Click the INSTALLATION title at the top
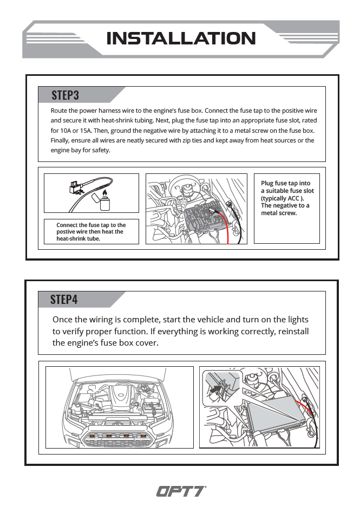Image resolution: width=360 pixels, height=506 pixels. tap(181, 38)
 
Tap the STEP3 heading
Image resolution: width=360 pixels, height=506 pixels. tap(65, 95)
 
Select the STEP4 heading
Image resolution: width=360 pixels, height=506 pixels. tap(64, 300)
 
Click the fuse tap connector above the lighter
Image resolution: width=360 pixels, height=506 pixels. tap(75, 187)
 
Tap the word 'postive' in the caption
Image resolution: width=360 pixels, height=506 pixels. tap(65, 232)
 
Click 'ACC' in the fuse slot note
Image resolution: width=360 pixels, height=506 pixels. tap(293, 198)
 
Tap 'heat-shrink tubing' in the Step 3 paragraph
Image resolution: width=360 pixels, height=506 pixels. tap(127, 121)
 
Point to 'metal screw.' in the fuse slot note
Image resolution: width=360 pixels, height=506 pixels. tap(279, 213)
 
